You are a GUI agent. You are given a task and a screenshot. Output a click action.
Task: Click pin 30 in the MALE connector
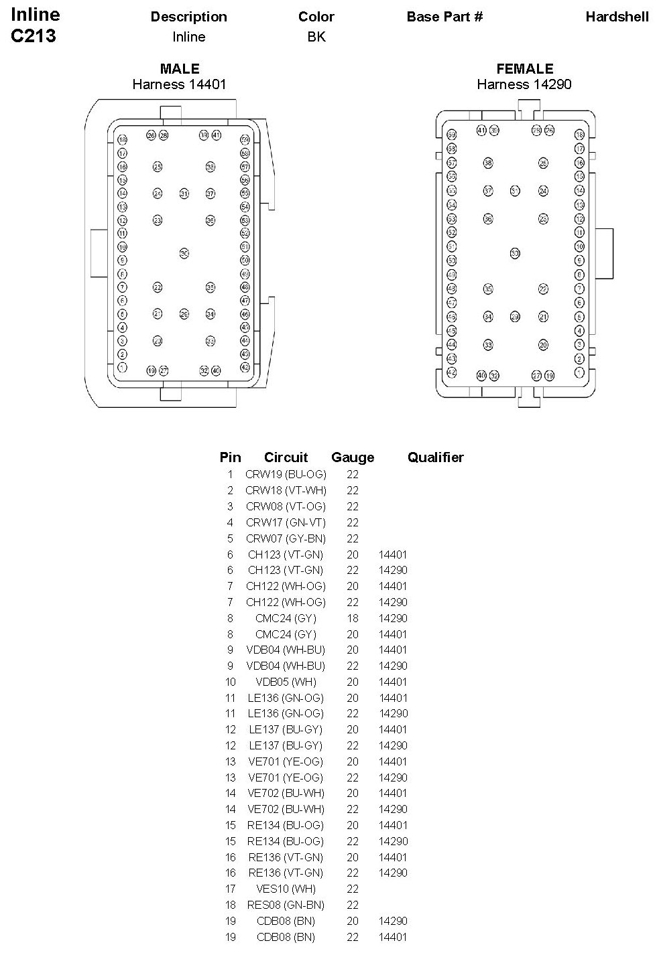(x=184, y=253)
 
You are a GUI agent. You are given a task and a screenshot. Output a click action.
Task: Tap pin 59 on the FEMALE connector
(x=452, y=135)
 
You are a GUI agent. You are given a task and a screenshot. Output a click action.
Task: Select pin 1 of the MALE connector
(x=122, y=368)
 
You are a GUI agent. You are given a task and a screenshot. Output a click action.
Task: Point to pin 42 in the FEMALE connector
(x=452, y=372)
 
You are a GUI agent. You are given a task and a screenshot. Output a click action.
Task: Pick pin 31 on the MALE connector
(x=184, y=194)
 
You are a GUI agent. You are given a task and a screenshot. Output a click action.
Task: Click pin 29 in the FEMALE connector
(x=515, y=317)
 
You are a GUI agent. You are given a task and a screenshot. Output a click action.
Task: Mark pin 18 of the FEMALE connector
(x=579, y=135)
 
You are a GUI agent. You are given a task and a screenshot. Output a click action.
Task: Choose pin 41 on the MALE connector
(x=217, y=135)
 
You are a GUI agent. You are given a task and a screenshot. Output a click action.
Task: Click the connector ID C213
(x=34, y=36)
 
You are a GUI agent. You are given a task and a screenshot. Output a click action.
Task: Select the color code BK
(x=316, y=37)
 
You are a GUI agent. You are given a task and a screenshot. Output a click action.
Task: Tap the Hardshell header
(x=617, y=17)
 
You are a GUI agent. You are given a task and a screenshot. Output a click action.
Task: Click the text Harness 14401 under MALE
(x=179, y=84)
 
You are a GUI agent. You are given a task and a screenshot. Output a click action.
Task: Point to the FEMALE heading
(x=524, y=69)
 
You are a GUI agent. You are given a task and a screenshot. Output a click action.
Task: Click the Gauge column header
(x=353, y=457)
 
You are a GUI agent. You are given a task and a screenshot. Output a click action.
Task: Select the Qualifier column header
(x=435, y=457)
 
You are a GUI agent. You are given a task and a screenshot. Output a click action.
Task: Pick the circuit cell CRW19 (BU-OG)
(x=286, y=474)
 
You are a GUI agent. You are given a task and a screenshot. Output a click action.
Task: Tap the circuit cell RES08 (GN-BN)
(x=286, y=905)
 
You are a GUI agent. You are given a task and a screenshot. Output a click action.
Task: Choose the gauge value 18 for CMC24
(x=353, y=618)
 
